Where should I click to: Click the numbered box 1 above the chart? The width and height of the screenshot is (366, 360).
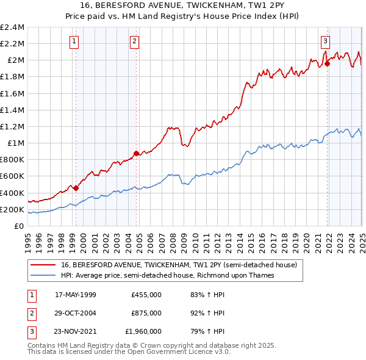tap(74, 41)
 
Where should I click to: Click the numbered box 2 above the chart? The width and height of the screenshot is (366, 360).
tap(134, 41)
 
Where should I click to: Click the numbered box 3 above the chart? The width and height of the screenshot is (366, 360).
tap(326, 41)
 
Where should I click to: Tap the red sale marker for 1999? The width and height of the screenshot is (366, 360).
tap(76, 188)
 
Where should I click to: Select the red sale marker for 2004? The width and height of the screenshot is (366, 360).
tap(136, 154)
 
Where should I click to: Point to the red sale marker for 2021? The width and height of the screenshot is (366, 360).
tap(328, 63)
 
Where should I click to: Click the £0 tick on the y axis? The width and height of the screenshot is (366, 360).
tap(20, 226)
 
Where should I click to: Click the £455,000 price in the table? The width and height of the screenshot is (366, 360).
tap(146, 295)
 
